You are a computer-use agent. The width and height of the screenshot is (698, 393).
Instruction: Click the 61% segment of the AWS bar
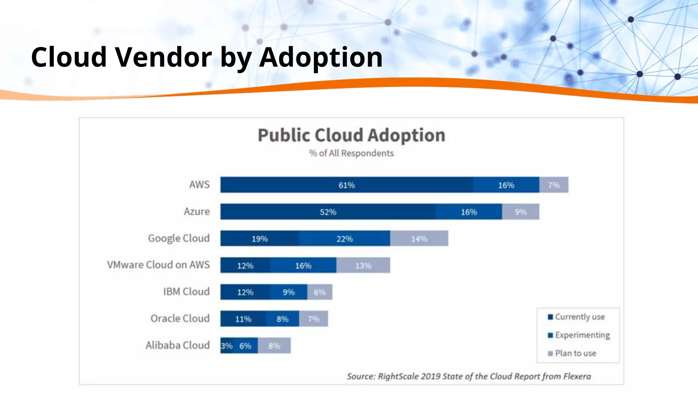click(346, 185)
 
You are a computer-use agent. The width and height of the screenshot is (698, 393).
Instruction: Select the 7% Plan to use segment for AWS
click(553, 185)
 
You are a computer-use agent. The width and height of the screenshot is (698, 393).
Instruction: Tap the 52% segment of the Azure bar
click(328, 212)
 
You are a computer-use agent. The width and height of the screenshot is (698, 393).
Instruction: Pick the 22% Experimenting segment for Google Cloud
click(344, 239)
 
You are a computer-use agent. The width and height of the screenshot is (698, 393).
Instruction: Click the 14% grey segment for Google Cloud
click(419, 239)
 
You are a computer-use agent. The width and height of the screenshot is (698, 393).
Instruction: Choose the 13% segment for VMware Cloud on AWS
click(363, 265)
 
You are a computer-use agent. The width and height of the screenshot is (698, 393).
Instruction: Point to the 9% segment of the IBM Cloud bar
click(288, 292)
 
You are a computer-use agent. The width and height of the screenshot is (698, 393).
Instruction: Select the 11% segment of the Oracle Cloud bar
click(243, 319)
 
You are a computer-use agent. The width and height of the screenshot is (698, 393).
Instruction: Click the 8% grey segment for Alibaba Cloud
click(274, 346)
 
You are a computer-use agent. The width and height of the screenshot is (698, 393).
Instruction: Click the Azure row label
click(197, 212)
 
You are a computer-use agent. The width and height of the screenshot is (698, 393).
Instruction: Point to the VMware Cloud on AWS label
click(158, 265)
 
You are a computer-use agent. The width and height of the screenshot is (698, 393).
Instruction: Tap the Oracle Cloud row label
click(180, 318)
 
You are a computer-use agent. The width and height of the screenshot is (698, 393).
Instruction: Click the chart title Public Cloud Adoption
click(351, 135)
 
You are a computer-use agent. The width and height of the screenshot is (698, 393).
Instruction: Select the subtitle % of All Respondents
click(351, 153)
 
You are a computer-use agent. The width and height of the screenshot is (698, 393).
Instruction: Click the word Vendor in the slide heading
click(164, 57)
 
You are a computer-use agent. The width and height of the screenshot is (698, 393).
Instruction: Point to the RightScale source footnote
click(469, 376)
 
